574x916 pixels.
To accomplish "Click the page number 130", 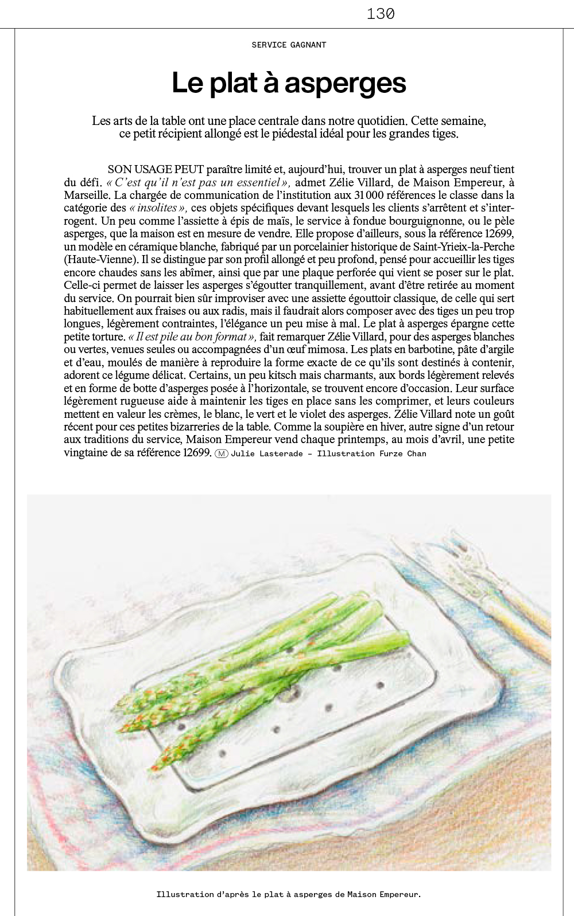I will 381,14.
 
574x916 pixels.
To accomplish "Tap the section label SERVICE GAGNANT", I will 289,45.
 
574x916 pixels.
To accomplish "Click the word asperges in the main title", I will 346,83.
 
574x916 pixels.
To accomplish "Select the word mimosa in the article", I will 328,350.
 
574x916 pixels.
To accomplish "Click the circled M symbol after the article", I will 222,453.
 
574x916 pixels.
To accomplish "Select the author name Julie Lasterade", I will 267,453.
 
